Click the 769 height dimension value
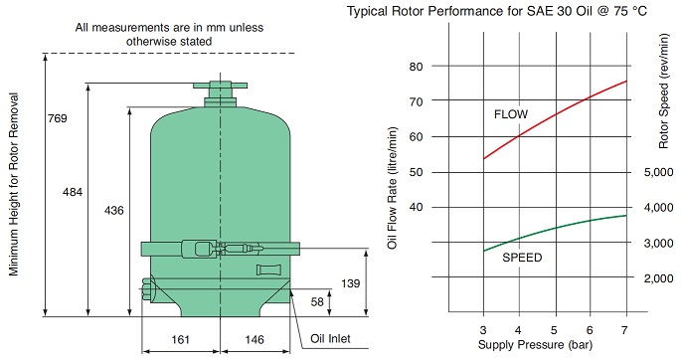click(58, 118)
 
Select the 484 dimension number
click(73, 192)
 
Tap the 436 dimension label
click(114, 211)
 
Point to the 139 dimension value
click(351, 283)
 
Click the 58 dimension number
click(317, 301)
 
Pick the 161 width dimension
click(180, 339)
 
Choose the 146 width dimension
click(255, 339)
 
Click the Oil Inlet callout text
click(330, 339)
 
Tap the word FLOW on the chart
click(511, 114)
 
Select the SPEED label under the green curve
click(522, 258)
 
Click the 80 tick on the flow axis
click(416, 67)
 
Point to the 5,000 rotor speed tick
click(658, 172)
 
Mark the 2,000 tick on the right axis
click(658, 278)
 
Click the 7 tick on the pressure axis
click(624, 330)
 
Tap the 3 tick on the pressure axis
click(483, 330)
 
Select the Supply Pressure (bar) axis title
click(535, 345)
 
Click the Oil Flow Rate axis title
click(393, 188)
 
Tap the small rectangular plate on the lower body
click(265, 270)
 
